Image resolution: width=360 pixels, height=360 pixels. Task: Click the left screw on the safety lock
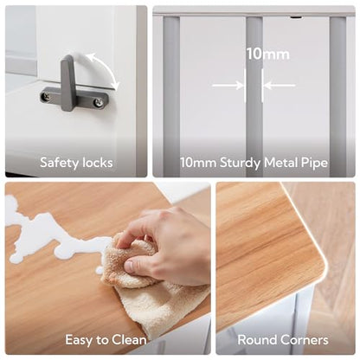46,97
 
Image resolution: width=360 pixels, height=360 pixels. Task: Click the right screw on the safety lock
99,101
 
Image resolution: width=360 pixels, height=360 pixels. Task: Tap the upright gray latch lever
67,83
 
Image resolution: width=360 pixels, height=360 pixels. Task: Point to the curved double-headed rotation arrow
106,68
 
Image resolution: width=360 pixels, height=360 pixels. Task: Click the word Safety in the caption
60,163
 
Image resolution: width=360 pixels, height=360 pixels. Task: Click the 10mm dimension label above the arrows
267,54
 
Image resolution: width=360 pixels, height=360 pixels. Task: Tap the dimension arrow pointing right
228,86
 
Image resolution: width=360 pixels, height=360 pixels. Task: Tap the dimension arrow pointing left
280,86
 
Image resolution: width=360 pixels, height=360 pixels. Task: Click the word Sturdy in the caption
240,163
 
